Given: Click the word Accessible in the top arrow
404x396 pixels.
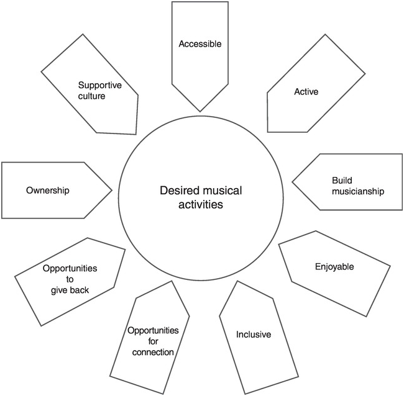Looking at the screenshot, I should click(x=200, y=44).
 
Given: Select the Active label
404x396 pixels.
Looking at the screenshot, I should click(x=306, y=92).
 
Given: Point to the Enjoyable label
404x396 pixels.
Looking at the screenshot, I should click(x=334, y=267).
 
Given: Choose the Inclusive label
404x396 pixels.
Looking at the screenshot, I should click(x=253, y=335).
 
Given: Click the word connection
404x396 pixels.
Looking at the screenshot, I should click(x=153, y=353).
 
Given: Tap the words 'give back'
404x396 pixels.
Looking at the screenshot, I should click(x=70, y=290).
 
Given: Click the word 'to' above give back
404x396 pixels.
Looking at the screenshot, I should click(x=70, y=279).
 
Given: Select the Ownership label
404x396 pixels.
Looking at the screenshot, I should click(x=47, y=190).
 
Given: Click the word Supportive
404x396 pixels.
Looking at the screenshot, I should click(x=99, y=86).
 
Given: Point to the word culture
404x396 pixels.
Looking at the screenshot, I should click(x=92, y=97).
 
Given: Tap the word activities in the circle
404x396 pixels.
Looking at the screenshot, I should click(x=196, y=205).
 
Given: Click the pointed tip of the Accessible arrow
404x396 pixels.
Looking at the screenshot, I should click(x=200, y=112).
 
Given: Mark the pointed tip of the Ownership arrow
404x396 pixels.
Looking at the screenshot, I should click(x=112, y=189).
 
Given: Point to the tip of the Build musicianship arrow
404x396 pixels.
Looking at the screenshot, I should click(x=292, y=184).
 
